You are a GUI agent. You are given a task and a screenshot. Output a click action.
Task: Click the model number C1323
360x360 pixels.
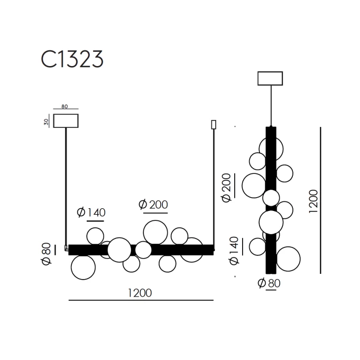pyautogui.click(x=72, y=59)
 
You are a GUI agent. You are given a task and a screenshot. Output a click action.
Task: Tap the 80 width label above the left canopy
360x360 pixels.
pyautogui.click(x=64, y=107)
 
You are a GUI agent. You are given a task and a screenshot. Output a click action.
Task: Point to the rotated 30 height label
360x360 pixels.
pyautogui.click(x=47, y=122)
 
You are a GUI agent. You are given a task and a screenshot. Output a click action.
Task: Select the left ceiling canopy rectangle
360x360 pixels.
pyautogui.click(x=66, y=114)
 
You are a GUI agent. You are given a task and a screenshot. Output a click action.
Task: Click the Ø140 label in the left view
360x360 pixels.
pyautogui.click(x=91, y=213)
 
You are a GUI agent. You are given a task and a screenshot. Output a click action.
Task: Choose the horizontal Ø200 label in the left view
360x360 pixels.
pyautogui.click(x=153, y=205)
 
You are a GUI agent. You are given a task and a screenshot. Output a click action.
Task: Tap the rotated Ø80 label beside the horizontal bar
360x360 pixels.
pyautogui.click(x=47, y=253)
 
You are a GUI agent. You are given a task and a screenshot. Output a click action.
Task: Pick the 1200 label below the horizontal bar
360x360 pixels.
pyautogui.click(x=140, y=293)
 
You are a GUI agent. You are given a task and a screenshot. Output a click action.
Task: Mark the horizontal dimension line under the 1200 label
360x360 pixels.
pyautogui.click(x=141, y=300)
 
